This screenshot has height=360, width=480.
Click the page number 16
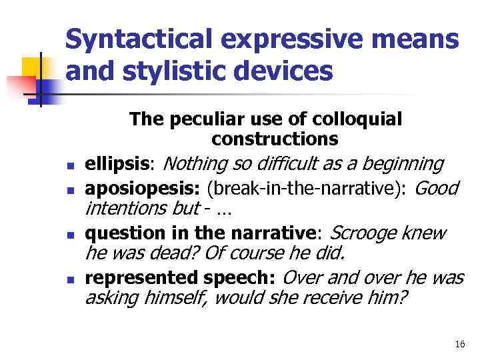click(x=459, y=344)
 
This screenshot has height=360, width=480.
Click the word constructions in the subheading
click(x=275, y=139)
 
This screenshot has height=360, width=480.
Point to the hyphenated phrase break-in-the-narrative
click(x=306, y=189)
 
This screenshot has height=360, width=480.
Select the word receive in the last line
click(x=331, y=299)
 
